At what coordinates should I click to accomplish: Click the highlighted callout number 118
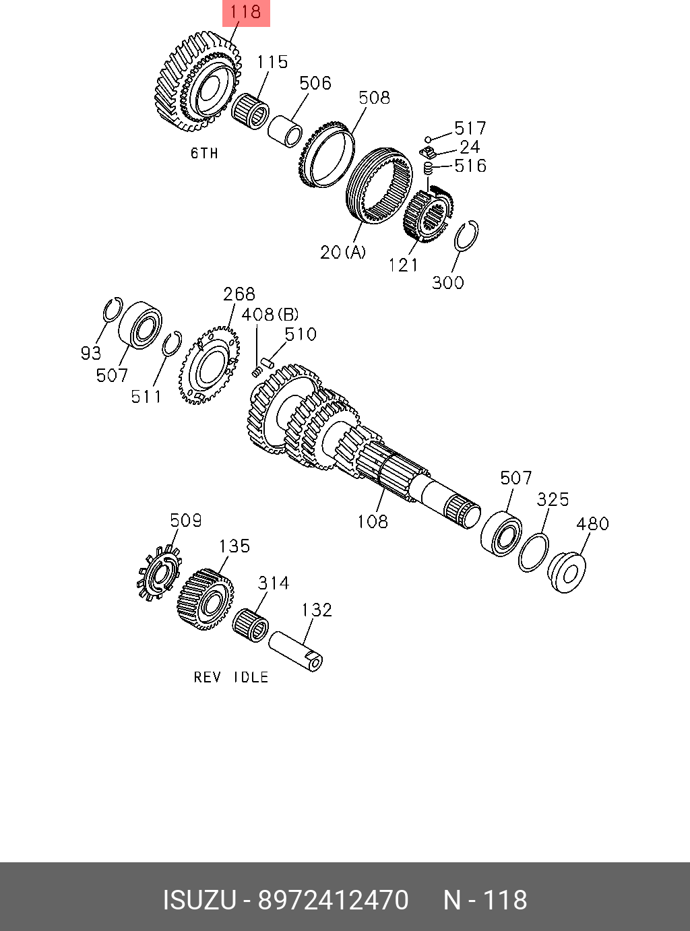246,12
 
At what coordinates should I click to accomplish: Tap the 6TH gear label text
205,153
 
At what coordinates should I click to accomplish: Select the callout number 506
315,83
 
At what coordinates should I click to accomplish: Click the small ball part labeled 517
428,139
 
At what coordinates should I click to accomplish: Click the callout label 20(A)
343,252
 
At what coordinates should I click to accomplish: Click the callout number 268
239,294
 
